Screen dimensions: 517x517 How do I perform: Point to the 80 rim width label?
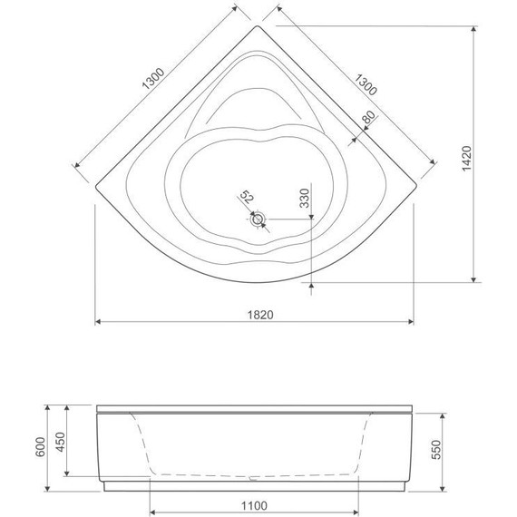(367, 121)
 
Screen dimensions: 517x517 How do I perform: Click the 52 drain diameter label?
(245, 198)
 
